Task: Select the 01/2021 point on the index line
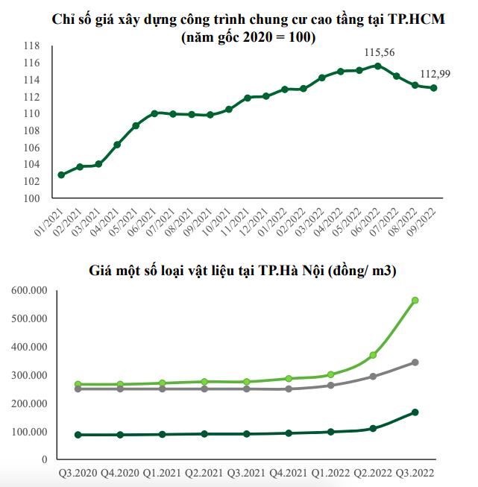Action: pos(61,175)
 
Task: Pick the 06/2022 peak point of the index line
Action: pos(377,66)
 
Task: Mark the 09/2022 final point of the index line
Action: pos(434,88)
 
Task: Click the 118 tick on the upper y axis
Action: pos(31,45)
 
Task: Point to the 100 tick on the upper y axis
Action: pos(31,198)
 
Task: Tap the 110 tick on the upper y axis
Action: pos(31,113)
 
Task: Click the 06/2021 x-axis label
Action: pos(144,221)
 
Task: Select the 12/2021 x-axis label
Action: pos(256,221)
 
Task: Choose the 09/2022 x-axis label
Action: pos(424,221)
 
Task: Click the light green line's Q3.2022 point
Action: pos(415,301)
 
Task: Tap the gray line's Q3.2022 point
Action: pos(415,362)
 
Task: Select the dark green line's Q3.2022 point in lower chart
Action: pos(415,412)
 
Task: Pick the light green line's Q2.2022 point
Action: pos(373,355)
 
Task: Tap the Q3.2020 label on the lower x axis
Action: pos(78,473)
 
